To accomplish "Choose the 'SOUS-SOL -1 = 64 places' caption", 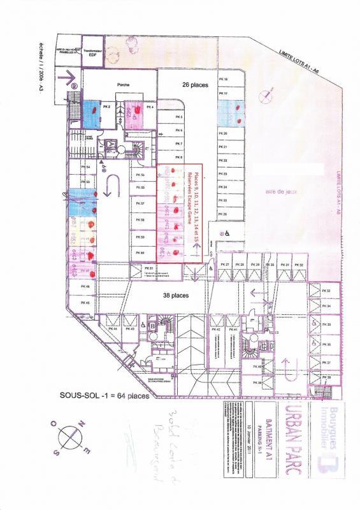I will coord(106,395).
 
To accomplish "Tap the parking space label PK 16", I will coord(223,78).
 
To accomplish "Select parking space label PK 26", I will coord(223,214).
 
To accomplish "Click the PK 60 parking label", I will coord(141,253).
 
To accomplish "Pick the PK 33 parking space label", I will coord(328,291).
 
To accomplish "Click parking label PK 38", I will coord(328,378).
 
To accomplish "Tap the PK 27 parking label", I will coord(224,264).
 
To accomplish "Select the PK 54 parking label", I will coord(87,167).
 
